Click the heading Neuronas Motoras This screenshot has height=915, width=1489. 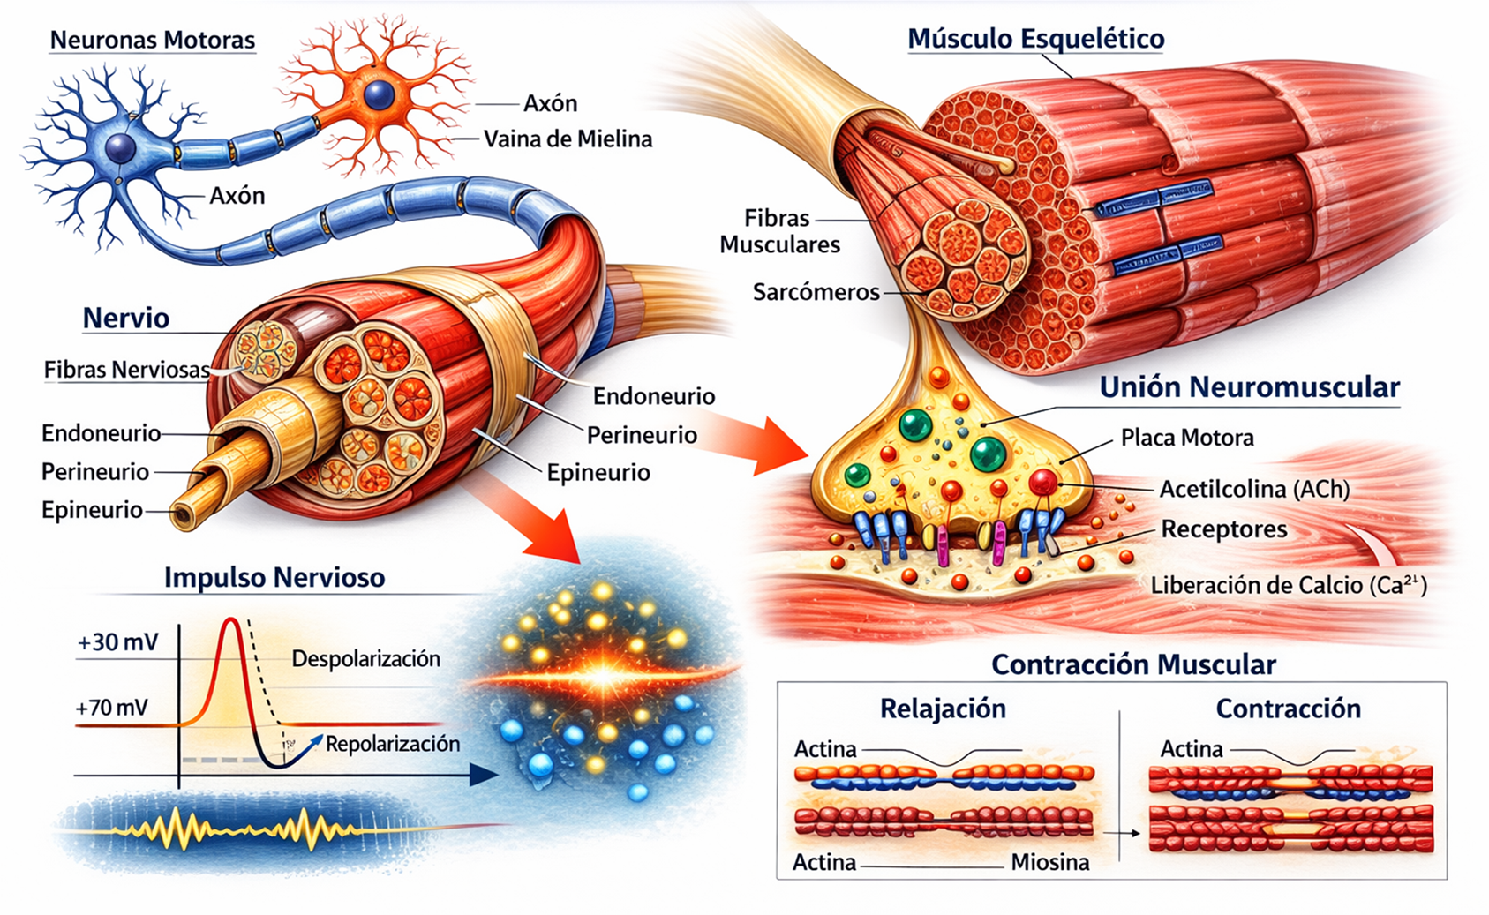pos(152,40)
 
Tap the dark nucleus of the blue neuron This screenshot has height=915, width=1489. pos(121,146)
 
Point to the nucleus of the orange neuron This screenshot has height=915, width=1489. pos(379,94)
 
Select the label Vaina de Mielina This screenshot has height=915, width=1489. pos(568,139)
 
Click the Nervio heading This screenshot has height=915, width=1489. pos(125,319)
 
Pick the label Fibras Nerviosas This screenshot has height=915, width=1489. pos(127,370)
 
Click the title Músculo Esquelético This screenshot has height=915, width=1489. pos(1035,39)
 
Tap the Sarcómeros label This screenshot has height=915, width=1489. pos(816,292)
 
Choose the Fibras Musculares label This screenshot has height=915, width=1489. pos(779,231)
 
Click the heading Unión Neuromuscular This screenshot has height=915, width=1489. pos(1250,386)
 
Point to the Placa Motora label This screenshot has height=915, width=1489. pos(1187,438)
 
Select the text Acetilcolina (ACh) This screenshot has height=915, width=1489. pos(1255,489)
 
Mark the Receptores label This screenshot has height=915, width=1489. pos(1224,529)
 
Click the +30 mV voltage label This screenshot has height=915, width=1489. pos(117,642)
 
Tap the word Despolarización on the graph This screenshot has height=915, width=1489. pos(365,658)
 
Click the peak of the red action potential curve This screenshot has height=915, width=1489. pos(231,620)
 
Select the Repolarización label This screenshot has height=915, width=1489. pos(392,744)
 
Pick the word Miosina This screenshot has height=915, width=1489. pos(1050,863)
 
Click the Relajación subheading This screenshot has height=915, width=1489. pos(943,709)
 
